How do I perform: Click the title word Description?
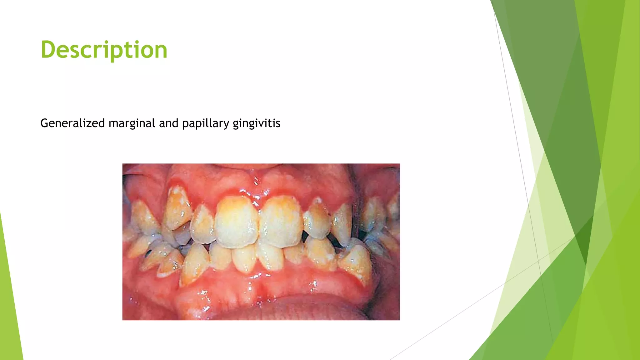[x=104, y=50]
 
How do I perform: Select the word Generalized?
[x=72, y=123]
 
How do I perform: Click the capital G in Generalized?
[x=44, y=123]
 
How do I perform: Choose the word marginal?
[x=132, y=124]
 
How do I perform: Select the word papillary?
[x=206, y=124]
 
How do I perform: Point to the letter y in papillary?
[x=227, y=125]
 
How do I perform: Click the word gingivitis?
[x=256, y=124]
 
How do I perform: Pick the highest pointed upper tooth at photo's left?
[x=177, y=206]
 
